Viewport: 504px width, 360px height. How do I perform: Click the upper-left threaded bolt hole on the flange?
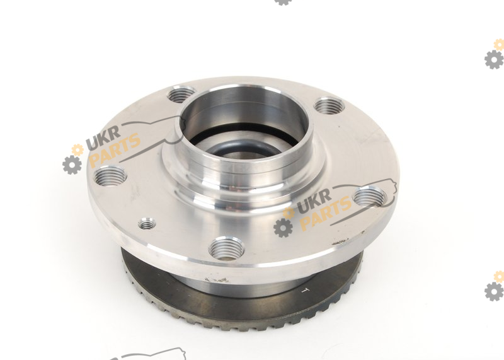pyautogui.click(x=182, y=95)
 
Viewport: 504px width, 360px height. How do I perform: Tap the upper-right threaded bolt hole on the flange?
pyautogui.click(x=329, y=106)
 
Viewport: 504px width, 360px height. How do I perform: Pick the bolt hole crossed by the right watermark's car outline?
pyautogui.click(x=370, y=196)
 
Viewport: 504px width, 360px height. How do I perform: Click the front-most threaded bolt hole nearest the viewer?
pyautogui.click(x=226, y=248)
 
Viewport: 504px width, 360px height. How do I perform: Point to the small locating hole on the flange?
pyautogui.click(x=147, y=223)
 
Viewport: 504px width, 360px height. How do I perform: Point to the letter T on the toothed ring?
pyautogui.click(x=304, y=290)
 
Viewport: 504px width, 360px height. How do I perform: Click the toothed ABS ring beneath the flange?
pyautogui.click(x=241, y=309)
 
